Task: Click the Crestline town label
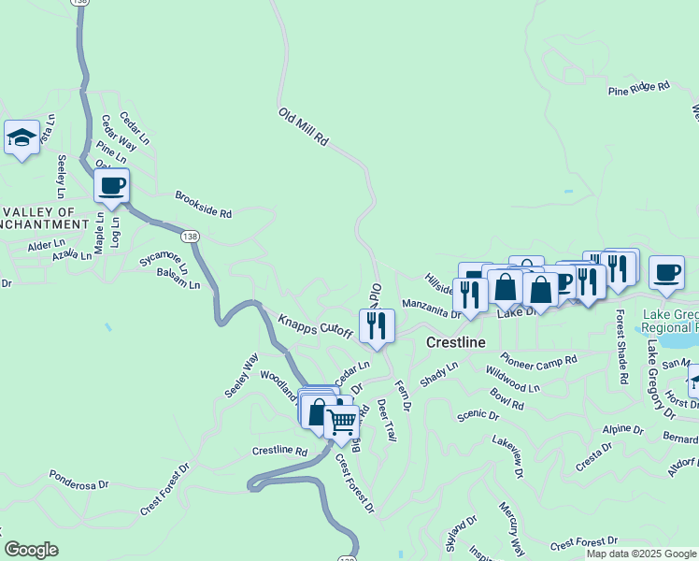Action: (x=455, y=342)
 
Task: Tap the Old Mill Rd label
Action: (x=304, y=126)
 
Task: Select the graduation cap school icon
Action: (x=21, y=139)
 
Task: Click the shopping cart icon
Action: (x=341, y=423)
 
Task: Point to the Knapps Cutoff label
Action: (x=315, y=325)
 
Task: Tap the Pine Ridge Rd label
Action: (x=639, y=89)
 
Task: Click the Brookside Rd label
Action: (x=203, y=205)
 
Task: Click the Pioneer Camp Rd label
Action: (x=538, y=361)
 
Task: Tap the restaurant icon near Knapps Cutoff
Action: (x=377, y=324)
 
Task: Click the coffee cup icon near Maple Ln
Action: (x=111, y=185)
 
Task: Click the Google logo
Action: (x=31, y=550)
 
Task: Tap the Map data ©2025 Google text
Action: (x=640, y=554)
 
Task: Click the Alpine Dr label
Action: (x=622, y=429)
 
